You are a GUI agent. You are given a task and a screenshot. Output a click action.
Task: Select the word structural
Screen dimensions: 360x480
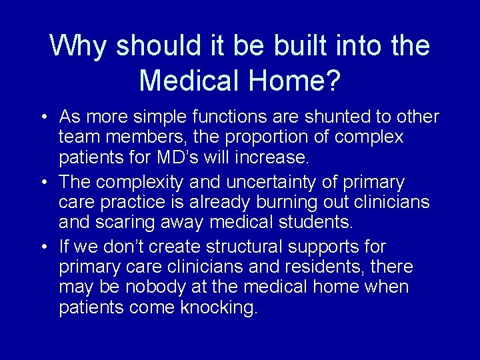244,247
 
